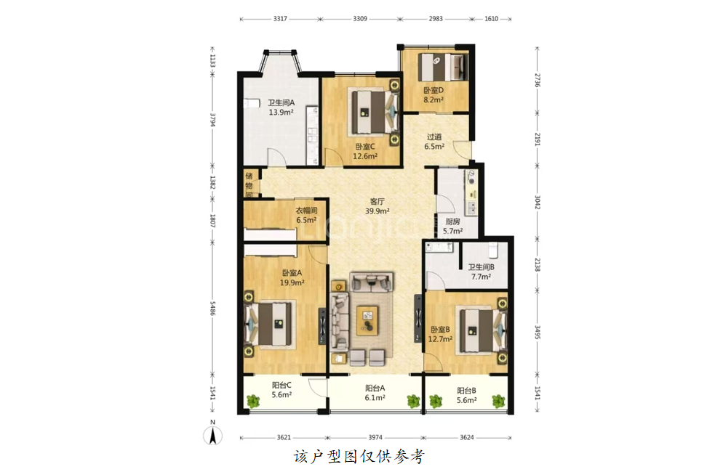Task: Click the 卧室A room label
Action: (x=292, y=273)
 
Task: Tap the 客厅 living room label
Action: (x=378, y=202)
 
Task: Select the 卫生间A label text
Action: (x=281, y=102)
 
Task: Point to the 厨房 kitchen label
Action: (x=452, y=221)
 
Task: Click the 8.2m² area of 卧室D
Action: (x=434, y=99)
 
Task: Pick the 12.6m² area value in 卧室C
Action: (x=365, y=156)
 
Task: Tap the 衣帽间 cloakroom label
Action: (x=306, y=211)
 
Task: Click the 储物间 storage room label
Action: (x=249, y=185)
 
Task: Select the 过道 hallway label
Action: (x=434, y=137)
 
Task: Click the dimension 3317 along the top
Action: (x=280, y=19)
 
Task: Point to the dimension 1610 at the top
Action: (x=491, y=19)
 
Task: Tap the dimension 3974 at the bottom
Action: (x=375, y=437)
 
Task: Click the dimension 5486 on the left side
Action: (x=212, y=309)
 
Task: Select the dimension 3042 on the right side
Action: (x=538, y=202)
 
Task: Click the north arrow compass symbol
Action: (x=212, y=434)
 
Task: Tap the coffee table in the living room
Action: (x=367, y=320)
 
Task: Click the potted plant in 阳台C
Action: (x=253, y=402)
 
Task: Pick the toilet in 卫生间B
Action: (x=493, y=249)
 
